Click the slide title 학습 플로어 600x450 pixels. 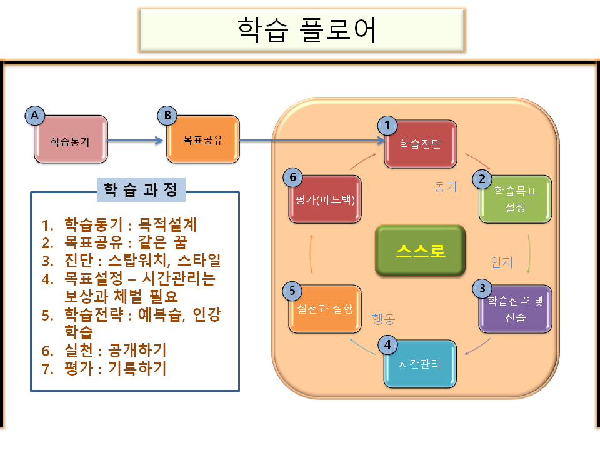click(307, 31)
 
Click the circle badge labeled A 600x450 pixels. click(35, 115)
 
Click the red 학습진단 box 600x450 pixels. click(421, 144)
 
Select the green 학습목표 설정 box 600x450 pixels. click(516, 199)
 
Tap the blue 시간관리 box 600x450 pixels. click(420, 364)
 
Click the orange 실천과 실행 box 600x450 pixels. click(325, 308)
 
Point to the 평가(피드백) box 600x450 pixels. click(325, 199)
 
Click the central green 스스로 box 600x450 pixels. click(420, 251)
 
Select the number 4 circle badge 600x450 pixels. click(387, 344)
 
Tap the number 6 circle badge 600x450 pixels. click(293, 177)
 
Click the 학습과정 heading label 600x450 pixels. click(141, 188)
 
